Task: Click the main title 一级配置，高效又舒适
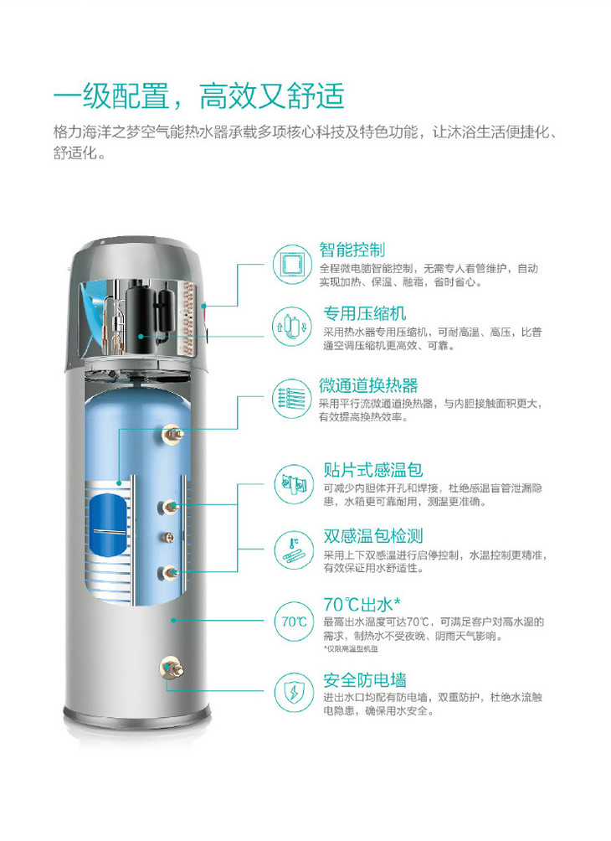[199, 96]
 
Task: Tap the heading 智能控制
[352, 250]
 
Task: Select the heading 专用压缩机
[364, 313]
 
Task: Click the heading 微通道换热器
[368, 385]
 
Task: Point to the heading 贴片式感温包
[373, 470]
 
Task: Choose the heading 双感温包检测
[373, 536]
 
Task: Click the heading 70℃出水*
[362, 605]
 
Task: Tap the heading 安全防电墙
[364, 680]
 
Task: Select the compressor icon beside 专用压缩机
[293, 326]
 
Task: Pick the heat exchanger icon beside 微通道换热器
[293, 398]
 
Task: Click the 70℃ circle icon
[295, 622]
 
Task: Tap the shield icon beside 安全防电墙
[295, 693]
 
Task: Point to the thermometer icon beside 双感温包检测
[295, 549]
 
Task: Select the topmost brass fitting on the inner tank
[173, 433]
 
